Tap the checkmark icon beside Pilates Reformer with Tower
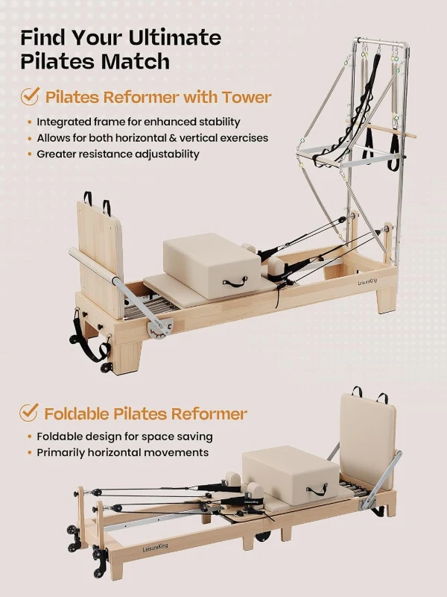[x=29, y=96]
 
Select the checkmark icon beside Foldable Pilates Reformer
[x=29, y=412]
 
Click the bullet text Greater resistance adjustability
[x=118, y=154]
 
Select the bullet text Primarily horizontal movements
[x=123, y=452]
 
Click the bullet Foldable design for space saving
[x=124, y=436]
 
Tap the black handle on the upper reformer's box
[x=236, y=282]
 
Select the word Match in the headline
[x=139, y=61]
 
